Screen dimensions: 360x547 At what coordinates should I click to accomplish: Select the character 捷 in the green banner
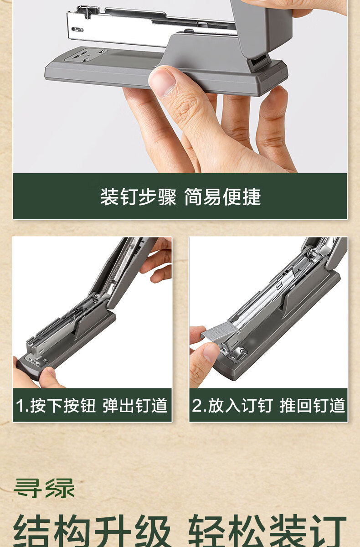pos(252,197)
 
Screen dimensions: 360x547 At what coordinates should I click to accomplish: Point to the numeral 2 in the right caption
pos(196,406)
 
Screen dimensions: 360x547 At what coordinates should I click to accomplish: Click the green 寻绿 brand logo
pos(44,488)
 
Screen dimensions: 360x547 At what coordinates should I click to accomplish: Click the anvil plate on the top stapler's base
pos(85,56)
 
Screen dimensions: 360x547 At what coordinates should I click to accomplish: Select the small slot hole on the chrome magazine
pos(77,30)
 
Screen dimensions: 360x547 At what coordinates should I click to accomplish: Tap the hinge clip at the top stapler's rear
pos(259,63)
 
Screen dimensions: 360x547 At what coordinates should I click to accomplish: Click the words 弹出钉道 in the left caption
pos(135,406)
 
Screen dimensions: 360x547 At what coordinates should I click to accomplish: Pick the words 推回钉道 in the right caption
pos(313,406)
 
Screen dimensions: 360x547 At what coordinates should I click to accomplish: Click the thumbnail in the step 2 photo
pos(210,352)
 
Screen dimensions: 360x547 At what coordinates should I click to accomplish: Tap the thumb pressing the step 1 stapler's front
pos(51,378)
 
